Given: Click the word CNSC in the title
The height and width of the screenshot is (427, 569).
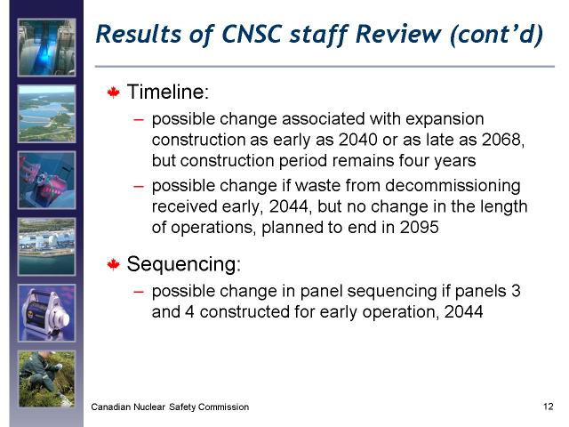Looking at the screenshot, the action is (x=252, y=34).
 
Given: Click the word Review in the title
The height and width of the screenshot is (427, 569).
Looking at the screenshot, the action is (x=398, y=34).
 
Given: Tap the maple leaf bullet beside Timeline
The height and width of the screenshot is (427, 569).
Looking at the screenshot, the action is (x=114, y=93).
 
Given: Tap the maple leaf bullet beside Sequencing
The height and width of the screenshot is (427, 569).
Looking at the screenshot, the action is (x=114, y=264).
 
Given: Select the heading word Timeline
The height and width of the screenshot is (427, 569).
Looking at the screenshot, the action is (x=168, y=92).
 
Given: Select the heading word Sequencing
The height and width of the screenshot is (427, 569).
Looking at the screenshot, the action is (x=184, y=264).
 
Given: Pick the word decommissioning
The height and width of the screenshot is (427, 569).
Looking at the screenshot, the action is (x=453, y=186).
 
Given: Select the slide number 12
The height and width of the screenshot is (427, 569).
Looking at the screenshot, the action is (x=548, y=407).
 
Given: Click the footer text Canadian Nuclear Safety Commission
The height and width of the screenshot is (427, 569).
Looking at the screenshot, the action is (x=170, y=407).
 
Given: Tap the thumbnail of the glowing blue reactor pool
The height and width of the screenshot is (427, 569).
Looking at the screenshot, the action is (x=47, y=47).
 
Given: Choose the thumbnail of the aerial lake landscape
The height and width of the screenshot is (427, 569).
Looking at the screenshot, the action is (x=47, y=114).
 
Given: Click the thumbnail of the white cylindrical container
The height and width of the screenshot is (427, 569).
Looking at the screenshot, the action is (x=47, y=313).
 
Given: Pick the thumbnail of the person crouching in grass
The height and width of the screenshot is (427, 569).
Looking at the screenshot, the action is (x=47, y=379).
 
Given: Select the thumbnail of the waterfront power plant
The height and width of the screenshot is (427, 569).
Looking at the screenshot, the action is (x=47, y=246).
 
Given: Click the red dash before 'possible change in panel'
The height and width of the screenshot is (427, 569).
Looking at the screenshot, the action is (x=139, y=292).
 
